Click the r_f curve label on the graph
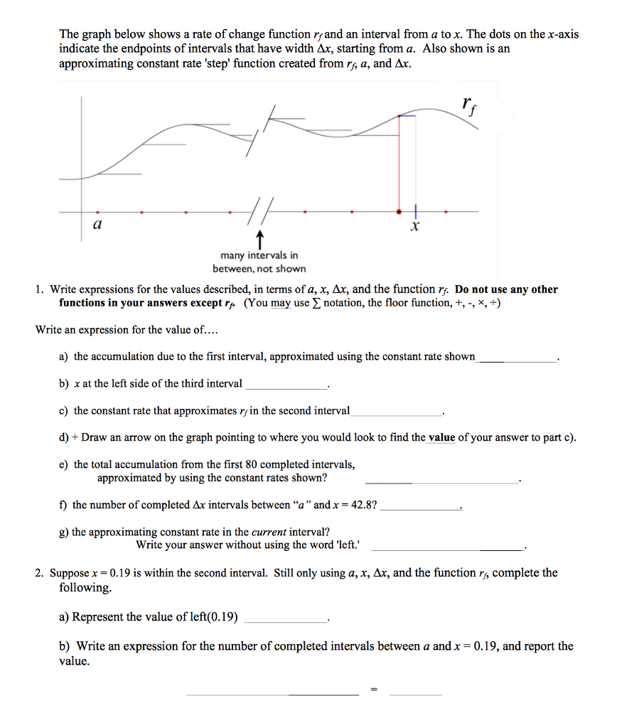click(466, 106)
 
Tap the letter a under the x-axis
click(97, 225)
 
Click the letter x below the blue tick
click(416, 228)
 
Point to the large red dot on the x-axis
click(398, 211)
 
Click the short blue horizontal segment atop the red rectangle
click(407, 115)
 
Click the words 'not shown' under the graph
click(284, 269)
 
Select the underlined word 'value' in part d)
click(441, 437)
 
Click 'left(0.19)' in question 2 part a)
click(210, 616)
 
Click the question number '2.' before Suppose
click(41, 573)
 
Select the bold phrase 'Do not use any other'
click(506, 289)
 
